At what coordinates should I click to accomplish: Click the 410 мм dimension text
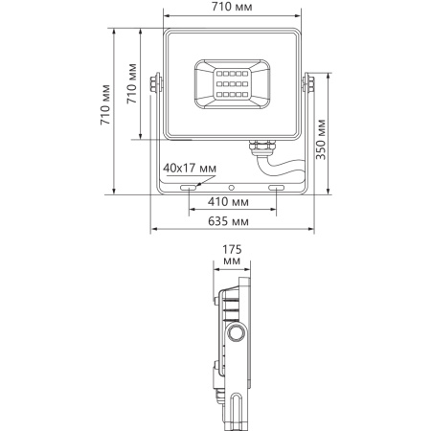tap(228, 203)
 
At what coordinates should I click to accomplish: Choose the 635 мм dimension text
tap(228, 221)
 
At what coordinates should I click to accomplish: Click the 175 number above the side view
tap(231, 248)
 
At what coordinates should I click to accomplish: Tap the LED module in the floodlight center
tap(230, 85)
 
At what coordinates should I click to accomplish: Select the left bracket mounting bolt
tap(155, 84)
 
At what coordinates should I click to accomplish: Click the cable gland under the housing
tap(260, 147)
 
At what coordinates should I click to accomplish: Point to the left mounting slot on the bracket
tap(185, 189)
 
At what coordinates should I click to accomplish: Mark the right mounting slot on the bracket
tap(277, 189)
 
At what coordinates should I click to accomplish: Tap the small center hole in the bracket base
tap(231, 182)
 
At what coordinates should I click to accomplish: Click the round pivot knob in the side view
tap(236, 333)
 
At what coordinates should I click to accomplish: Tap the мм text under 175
tap(231, 261)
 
